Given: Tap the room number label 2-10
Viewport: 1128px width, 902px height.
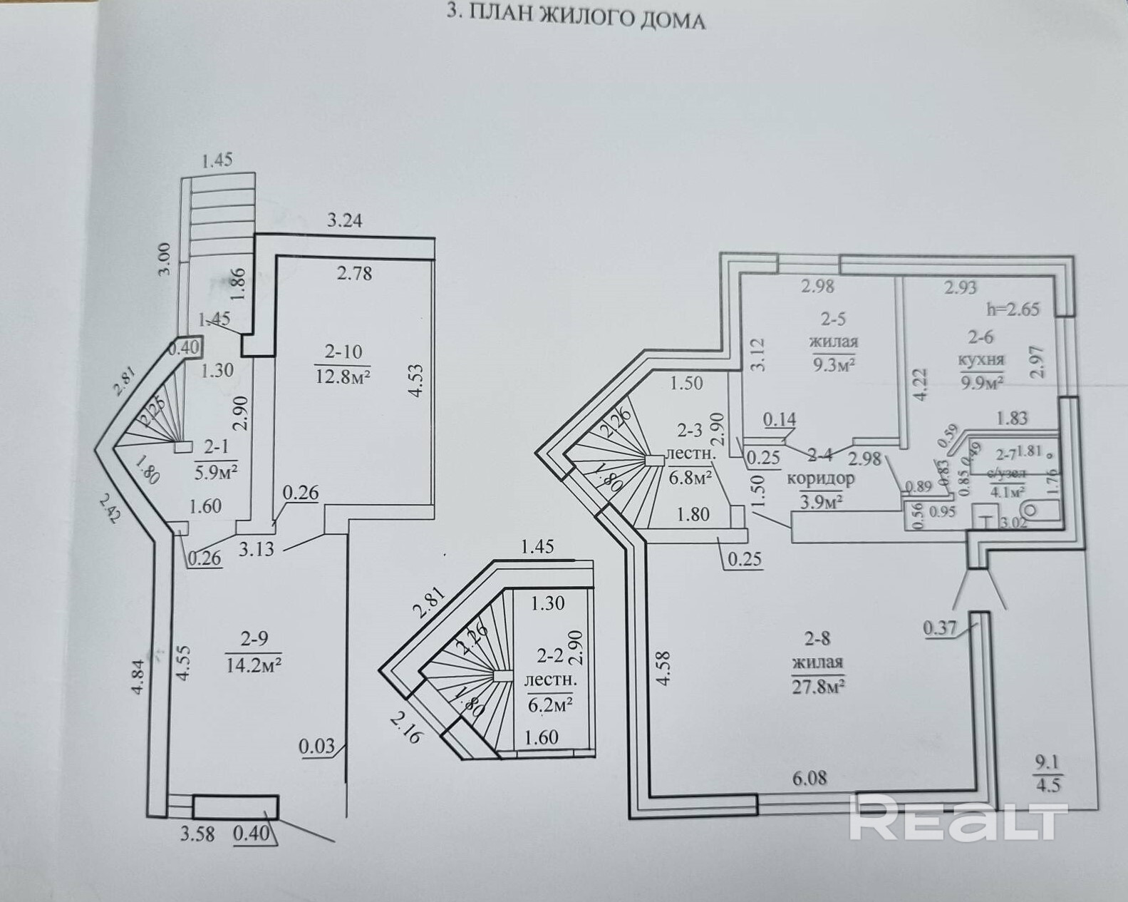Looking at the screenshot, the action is pyautogui.click(x=343, y=351).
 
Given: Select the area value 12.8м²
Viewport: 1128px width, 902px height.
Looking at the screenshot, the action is pyautogui.click(x=343, y=376).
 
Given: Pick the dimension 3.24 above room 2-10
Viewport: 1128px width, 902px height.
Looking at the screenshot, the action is pyautogui.click(x=344, y=220).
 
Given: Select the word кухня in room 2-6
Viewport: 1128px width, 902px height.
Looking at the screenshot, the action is pyautogui.click(x=981, y=359).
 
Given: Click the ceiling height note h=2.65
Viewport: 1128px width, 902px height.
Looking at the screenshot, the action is pyautogui.click(x=1013, y=309).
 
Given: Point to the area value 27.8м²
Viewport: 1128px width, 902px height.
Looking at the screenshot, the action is pyautogui.click(x=818, y=687).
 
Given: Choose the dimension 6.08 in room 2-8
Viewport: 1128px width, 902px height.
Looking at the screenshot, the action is pyautogui.click(x=809, y=778).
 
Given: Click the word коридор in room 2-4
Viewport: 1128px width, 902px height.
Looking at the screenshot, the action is pyautogui.click(x=820, y=478).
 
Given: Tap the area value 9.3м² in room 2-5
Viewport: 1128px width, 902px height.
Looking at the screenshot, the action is pyautogui.click(x=833, y=364).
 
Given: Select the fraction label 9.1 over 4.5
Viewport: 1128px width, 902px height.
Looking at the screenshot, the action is pyautogui.click(x=1047, y=774).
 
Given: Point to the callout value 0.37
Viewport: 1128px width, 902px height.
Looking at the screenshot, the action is pyautogui.click(x=940, y=628).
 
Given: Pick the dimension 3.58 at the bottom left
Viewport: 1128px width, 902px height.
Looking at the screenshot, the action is pyautogui.click(x=197, y=833).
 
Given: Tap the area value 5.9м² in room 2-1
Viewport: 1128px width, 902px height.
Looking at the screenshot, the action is pyautogui.click(x=215, y=471).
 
